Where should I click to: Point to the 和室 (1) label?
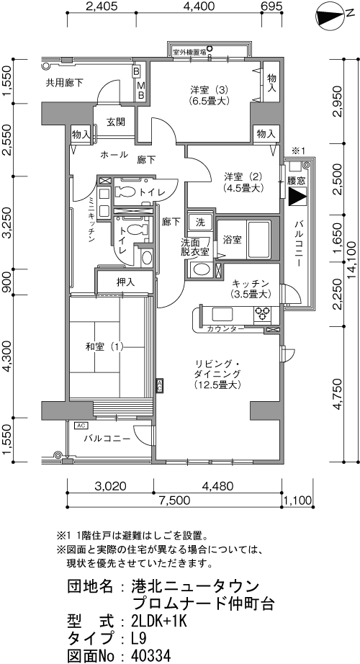(x=104, y=347)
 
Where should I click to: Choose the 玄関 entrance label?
(x=116, y=123)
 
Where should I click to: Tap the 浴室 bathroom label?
(x=233, y=240)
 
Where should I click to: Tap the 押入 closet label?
(x=125, y=282)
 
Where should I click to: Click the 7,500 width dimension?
(x=174, y=500)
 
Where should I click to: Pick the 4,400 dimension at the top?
(x=199, y=6)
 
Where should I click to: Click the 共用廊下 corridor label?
(x=64, y=84)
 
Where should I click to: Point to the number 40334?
(x=151, y=655)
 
